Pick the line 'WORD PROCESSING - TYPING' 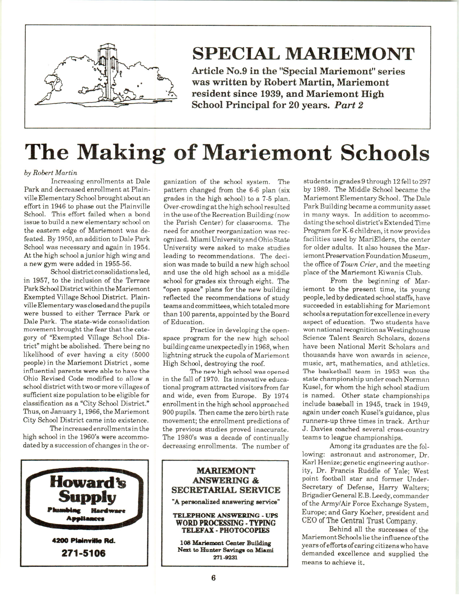point(225,523)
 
